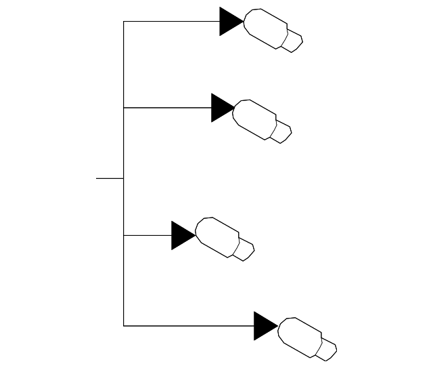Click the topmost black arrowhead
(229, 21)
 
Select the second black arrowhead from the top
(221, 108)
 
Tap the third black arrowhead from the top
(181, 235)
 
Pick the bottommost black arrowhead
(264, 326)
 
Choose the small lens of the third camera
(245, 250)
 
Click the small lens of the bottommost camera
(328, 350)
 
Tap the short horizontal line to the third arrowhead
(147, 235)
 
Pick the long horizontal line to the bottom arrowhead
(189, 326)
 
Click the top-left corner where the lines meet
(124, 21)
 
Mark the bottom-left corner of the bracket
(124, 326)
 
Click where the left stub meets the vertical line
(124, 178)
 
